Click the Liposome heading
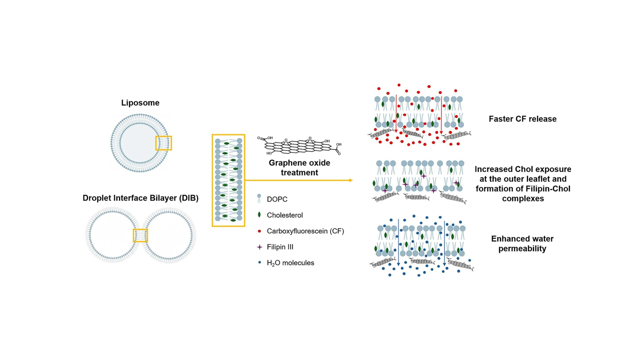point(140,103)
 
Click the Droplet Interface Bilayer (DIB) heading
point(140,198)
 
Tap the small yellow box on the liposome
point(163,143)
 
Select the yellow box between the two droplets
point(140,235)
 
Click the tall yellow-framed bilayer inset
point(228,180)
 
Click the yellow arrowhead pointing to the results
point(350,180)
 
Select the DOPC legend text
point(277,199)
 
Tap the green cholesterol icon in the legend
point(259,215)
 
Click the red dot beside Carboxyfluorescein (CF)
point(259,231)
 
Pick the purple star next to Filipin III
point(259,247)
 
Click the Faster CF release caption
point(522,119)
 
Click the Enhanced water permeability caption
point(522,243)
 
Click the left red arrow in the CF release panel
point(396,113)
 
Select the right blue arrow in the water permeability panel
point(444,241)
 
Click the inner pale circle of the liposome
point(137,142)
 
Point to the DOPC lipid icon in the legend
point(259,199)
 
